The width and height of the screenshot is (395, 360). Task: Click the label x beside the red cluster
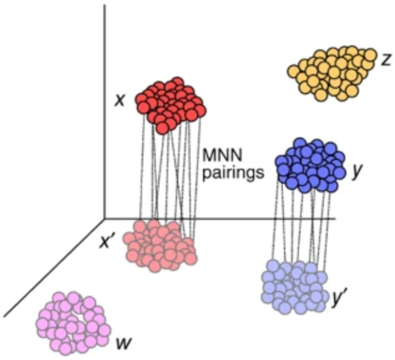[x=118, y=99]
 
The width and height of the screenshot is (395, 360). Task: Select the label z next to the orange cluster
[x=386, y=59]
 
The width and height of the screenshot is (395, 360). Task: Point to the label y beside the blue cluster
[x=357, y=171]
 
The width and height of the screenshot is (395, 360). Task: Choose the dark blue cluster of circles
[x=312, y=165]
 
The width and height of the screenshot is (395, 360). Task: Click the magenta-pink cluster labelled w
[x=69, y=320]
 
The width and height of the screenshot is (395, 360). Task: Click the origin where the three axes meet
[x=105, y=219]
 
